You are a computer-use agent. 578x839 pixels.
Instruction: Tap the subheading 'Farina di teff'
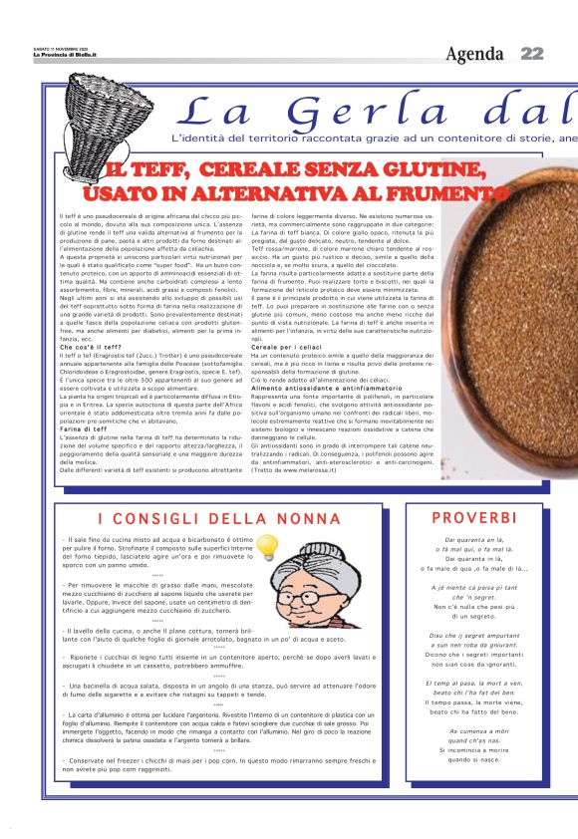85,428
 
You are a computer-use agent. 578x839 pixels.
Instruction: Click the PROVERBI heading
474,517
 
